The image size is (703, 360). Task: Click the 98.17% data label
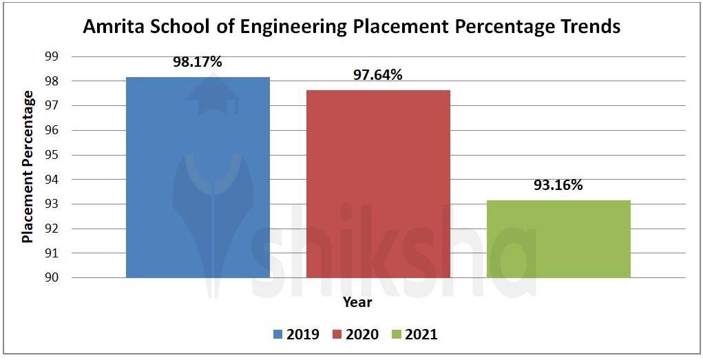tap(197, 62)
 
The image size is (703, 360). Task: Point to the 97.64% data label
tap(377, 75)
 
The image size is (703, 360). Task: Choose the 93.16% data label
tap(558, 185)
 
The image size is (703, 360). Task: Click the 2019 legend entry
tap(296, 335)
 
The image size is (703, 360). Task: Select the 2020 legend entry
tap(355, 335)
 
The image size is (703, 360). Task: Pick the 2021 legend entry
tap(415, 335)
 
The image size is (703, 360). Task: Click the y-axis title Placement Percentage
tap(28, 167)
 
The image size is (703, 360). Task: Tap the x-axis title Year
tap(357, 301)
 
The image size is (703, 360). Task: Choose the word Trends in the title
tap(589, 27)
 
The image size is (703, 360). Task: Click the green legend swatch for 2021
tap(396, 335)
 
